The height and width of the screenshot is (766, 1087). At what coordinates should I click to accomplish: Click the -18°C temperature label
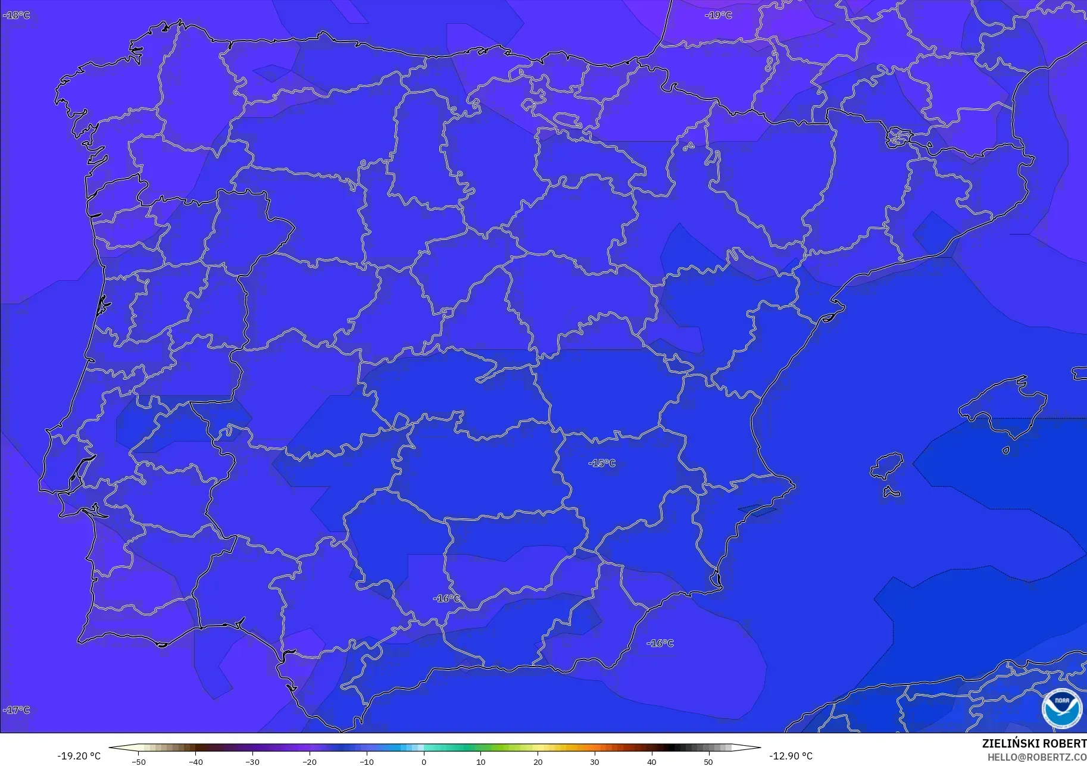click(16, 15)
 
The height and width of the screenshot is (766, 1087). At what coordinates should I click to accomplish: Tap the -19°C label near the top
click(718, 15)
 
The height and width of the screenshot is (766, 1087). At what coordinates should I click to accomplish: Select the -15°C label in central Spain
click(602, 463)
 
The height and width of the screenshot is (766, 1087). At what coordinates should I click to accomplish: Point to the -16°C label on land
click(446, 598)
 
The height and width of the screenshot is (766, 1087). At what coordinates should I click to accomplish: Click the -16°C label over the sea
click(660, 643)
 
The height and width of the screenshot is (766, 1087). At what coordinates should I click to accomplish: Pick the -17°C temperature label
click(16, 709)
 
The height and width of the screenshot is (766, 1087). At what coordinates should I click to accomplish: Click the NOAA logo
click(1061, 708)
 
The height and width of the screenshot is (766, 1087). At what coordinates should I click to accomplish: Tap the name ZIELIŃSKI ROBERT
click(1033, 744)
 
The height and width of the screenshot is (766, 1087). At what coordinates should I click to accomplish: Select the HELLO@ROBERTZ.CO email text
click(1036, 757)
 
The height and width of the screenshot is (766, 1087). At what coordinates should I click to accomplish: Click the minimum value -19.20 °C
click(79, 756)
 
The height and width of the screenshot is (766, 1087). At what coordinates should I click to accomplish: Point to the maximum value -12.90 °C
click(791, 756)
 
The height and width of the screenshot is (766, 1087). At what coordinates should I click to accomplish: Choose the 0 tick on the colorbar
click(424, 762)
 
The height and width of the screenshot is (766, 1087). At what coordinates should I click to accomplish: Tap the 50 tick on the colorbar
click(708, 762)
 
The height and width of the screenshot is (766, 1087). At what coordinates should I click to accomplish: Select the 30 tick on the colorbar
click(595, 762)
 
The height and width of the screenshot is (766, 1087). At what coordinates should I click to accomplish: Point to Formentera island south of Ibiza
click(891, 492)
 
